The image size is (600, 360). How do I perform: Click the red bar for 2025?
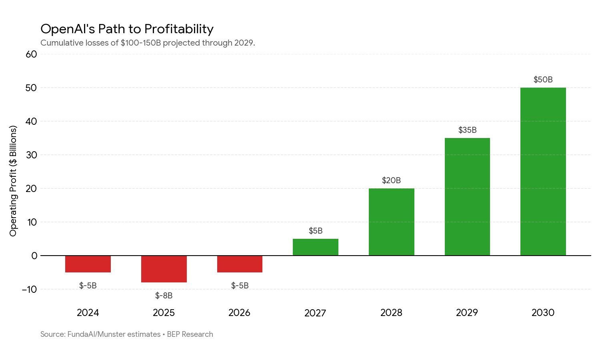(164, 269)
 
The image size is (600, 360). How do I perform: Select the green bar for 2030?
(543, 172)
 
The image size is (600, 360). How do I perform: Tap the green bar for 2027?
(316, 247)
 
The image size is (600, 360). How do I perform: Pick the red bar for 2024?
(88, 264)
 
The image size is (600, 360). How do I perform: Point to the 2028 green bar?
(392, 222)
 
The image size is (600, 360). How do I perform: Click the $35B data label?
(468, 130)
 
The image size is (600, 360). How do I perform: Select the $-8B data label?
(164, 296)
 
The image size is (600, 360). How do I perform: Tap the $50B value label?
(543, 80)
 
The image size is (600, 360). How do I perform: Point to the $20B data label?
(391, 180)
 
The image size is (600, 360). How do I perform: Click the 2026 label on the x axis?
(240, 312)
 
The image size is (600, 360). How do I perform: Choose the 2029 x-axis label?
(467, 312)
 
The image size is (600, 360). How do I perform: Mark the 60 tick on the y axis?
(31, 54)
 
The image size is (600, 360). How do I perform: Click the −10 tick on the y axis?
(29, 289)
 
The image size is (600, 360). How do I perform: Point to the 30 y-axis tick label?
(31, 155)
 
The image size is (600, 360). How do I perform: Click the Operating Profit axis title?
(13, 181)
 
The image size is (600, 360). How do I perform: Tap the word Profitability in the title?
(179, 29)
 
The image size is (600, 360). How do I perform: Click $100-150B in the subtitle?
(141, 43)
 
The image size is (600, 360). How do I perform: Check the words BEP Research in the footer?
(190, 334)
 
